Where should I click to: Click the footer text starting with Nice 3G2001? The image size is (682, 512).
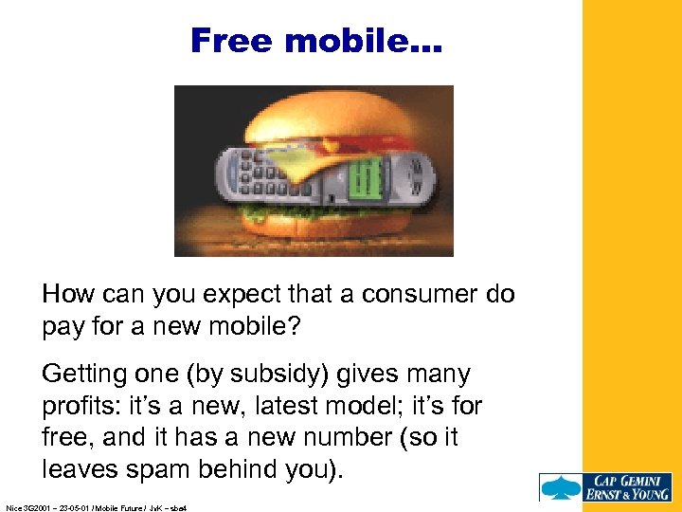(96, 507)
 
